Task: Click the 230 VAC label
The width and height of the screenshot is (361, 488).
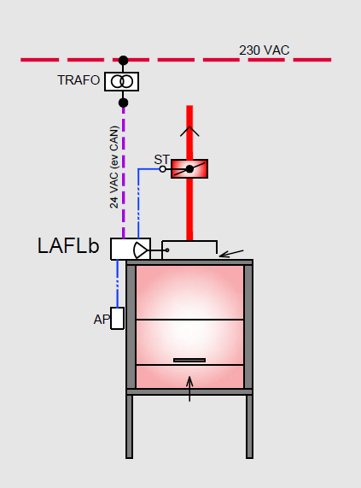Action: (x=264, y=50)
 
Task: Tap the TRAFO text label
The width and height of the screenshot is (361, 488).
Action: (x=79, y=80)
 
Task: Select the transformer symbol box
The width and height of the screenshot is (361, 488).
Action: (x=122, y=81)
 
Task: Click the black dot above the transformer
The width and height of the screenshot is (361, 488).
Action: (x=124, y=60)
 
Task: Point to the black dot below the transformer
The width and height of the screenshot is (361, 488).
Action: (x=124, y=103)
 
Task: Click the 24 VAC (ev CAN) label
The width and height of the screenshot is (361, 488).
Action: (x=114, y=167)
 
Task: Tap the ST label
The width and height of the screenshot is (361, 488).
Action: (x=162, y=160)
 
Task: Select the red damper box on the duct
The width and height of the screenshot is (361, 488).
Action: (x=189, y=168)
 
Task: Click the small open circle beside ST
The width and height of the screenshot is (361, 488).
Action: (x=162, y=169)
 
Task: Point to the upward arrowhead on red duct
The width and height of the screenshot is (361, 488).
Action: (x=189, y=131)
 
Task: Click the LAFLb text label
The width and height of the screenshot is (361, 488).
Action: (x=68, y=246)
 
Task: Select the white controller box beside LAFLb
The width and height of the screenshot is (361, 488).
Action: (x=131, y=249)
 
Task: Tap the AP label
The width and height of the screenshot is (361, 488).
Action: (x=102, y=320)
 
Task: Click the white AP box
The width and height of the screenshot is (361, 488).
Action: (x=118, y=318)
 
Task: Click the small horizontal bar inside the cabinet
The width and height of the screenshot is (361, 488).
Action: (x=189, y=360)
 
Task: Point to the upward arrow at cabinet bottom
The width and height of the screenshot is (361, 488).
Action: (x=189, y=388)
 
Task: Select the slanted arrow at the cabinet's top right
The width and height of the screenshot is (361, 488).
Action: (x=231, y=253)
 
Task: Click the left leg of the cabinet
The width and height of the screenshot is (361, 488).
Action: (x=129, y=426)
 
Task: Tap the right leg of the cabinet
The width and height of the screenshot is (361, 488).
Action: (x=249, y=426)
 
